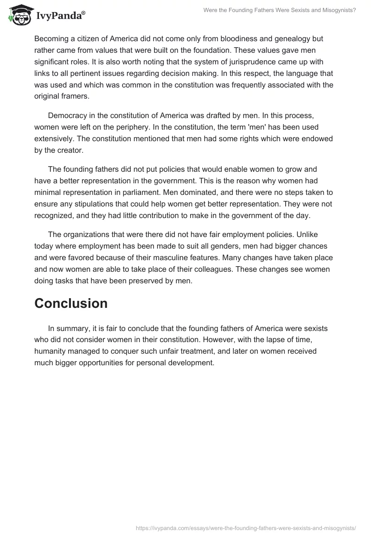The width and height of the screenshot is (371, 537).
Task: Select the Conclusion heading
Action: coord(71,303)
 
